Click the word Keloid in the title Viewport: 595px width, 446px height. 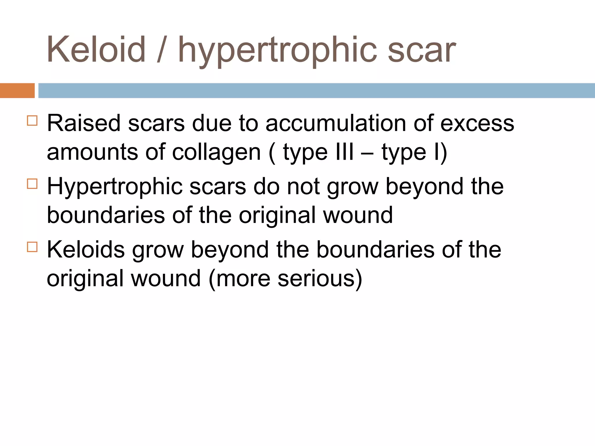[x=96, y=49]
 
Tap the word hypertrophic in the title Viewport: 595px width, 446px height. [x=277, y=51]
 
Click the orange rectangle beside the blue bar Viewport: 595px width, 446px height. [x=17, y=90]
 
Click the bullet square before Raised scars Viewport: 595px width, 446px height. [x=32, y=121]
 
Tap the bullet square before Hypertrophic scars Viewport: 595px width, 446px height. [x=32, y=184]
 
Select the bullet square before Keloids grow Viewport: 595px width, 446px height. [x=32, y=247]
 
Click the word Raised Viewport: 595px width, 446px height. [x=84, y=123]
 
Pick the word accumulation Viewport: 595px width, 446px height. [x=336, y=123]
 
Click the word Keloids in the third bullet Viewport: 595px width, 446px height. [x=85, y=249]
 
